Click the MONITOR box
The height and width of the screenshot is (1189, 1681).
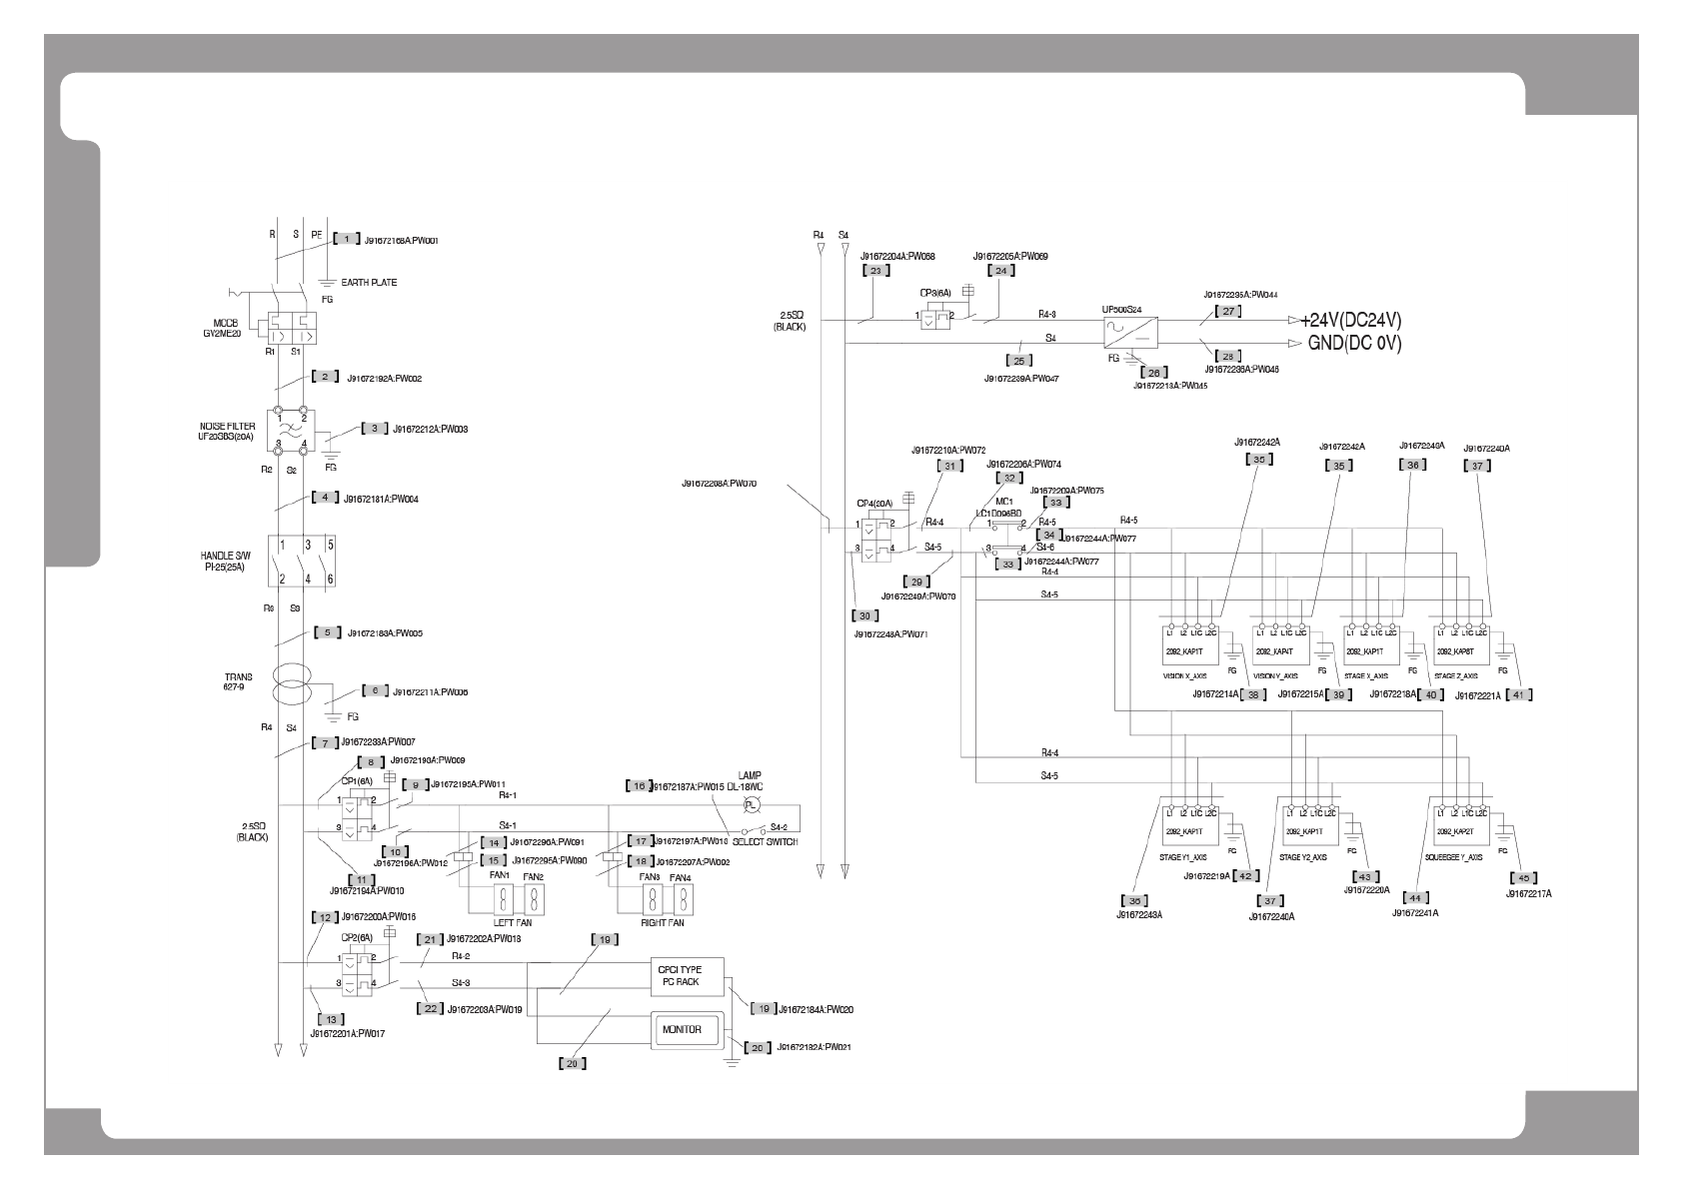coord(681,1029)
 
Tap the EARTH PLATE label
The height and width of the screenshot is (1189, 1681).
coord(369,283)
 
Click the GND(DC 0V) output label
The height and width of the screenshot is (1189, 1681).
coord(1354,344)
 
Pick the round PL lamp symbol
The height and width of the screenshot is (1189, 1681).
coord(755,805)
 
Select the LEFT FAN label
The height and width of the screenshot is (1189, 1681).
coord(512,923)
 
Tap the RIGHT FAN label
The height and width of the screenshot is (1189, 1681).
coord(661,923)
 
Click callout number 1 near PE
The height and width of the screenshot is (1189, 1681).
coord(346,239)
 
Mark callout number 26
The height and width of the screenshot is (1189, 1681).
coord(1153,373)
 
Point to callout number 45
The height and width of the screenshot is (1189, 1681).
coord(1520,878)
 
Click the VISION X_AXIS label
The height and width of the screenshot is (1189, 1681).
coord(1186,675)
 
